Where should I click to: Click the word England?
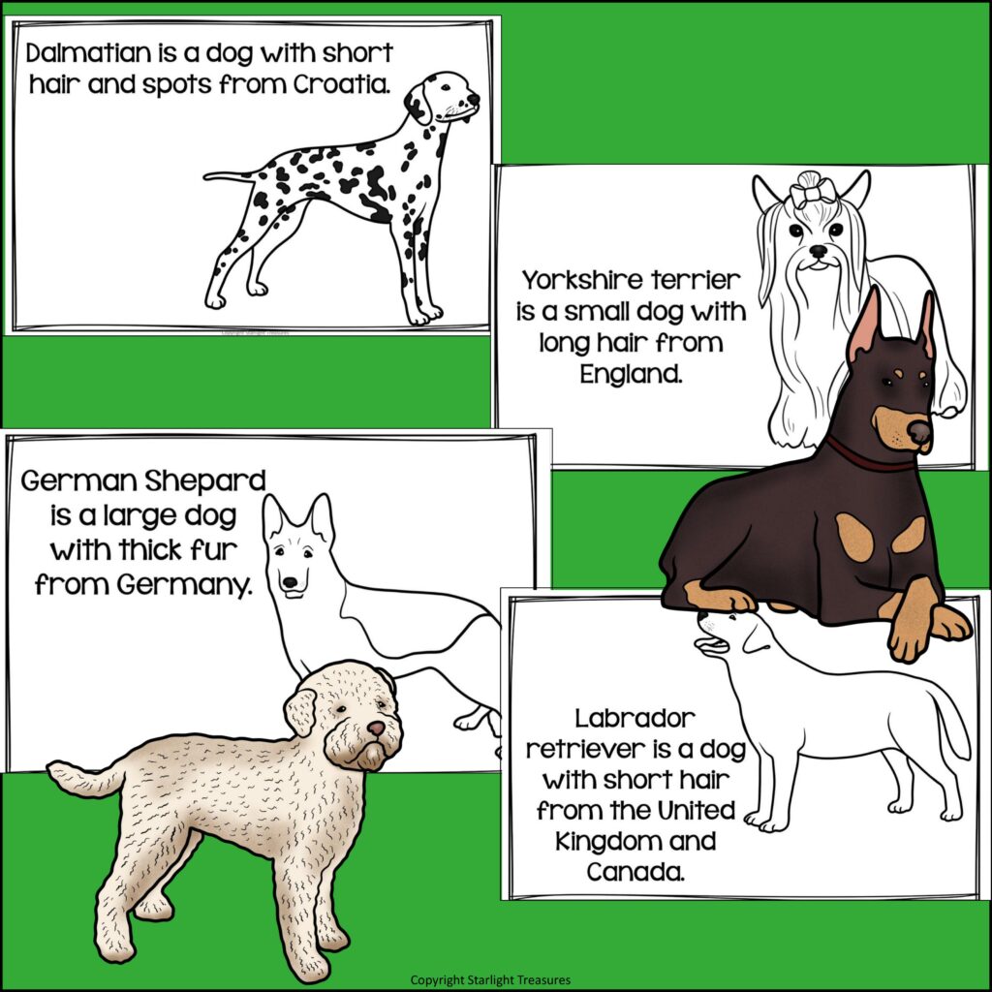[631, 374]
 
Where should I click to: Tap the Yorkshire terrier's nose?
[819, 250]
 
